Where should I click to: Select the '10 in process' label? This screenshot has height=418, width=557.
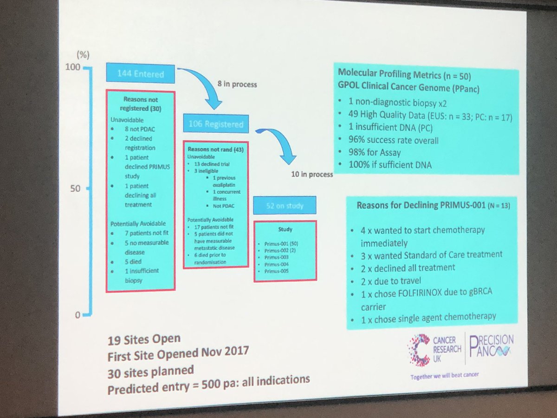click(x=311, y=175)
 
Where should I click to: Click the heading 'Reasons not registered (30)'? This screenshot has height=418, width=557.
click(x=141, y=103)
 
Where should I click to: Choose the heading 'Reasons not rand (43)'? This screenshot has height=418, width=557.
click(x=215, y=150)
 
